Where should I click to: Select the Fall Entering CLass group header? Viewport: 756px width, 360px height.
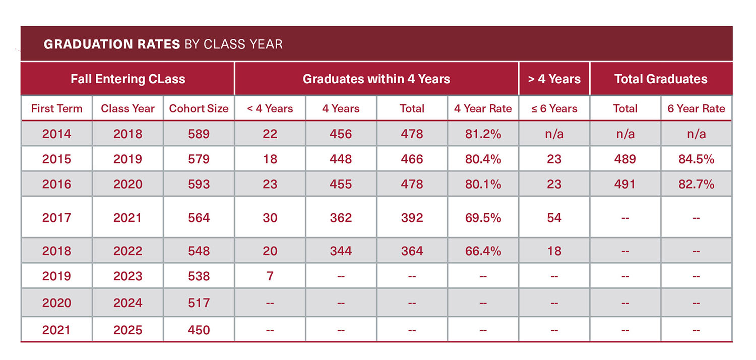128,79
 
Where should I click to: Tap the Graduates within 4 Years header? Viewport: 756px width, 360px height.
376,79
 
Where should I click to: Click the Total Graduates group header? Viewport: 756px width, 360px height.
661,79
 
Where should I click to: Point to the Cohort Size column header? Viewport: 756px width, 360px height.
199,108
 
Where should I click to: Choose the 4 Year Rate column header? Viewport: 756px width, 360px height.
483,108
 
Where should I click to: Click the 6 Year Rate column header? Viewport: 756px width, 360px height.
696,108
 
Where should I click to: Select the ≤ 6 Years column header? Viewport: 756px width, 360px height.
554,108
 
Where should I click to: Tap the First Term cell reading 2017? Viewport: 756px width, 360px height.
56,218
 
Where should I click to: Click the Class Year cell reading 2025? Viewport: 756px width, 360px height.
128,330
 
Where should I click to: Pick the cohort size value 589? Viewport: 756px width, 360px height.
199,134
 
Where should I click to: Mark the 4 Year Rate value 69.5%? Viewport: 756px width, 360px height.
483,218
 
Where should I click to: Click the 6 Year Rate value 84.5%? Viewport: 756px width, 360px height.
696,159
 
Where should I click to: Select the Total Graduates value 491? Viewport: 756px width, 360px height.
625,185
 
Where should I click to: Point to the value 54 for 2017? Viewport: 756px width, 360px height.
554,218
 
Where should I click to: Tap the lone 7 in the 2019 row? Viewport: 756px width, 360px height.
270,276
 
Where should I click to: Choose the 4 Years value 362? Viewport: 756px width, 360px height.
341,218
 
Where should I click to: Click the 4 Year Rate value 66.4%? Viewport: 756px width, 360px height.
483,251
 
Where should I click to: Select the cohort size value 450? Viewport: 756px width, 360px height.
199,330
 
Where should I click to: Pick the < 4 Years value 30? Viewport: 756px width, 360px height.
270,218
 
